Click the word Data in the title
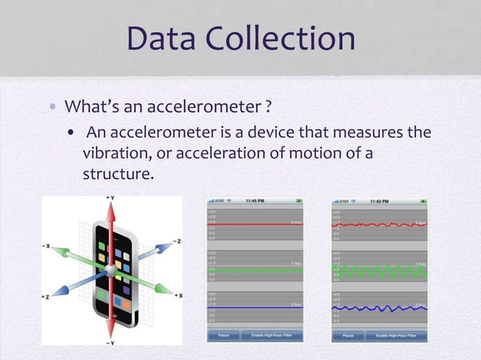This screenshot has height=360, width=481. [x=164, y=39]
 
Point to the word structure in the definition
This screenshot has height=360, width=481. [x=117, y=175]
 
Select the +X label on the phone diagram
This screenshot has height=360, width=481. [x=178, y=296]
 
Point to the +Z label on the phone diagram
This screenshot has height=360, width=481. [x=47, y=297]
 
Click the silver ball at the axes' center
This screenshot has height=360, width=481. [x=112, y=270]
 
